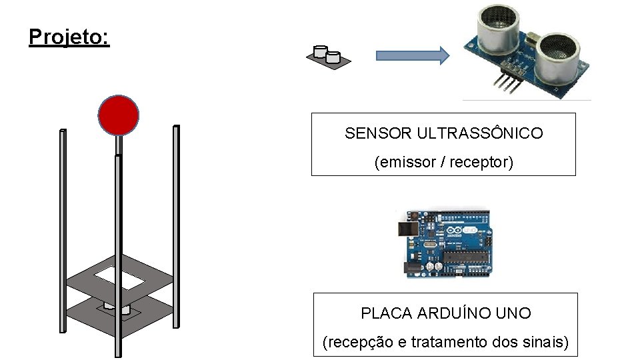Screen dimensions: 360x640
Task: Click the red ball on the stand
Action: coord(119,115)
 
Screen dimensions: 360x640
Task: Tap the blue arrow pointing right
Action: coord(412,56)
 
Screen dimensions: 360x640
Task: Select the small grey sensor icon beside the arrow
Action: coord(328,56)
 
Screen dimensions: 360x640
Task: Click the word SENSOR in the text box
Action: coord(379,133)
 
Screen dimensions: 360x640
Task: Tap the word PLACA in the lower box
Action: coord(386,313)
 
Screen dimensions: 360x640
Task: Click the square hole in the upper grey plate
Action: coord(120,277)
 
